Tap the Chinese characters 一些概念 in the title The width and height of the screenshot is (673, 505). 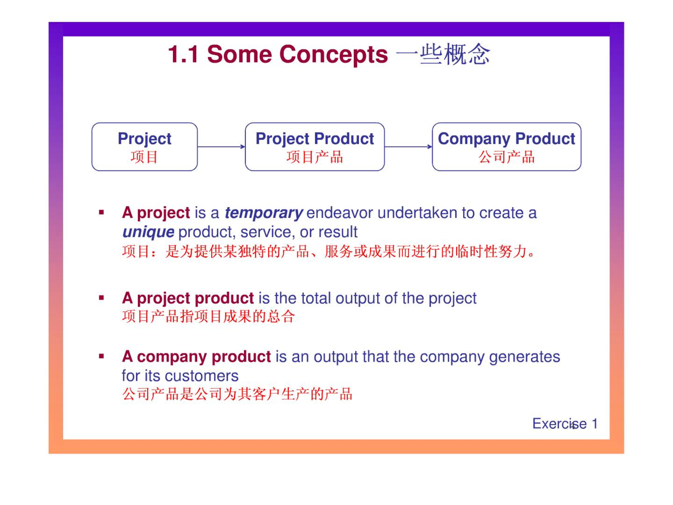coord(443,54)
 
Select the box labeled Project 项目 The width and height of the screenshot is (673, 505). coord(144,147)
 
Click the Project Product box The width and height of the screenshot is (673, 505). coord(315,147)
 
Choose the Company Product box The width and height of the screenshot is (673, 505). coord(507,147)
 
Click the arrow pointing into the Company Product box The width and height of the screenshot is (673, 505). coord(409,147)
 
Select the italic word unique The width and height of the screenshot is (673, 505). coord(148,232)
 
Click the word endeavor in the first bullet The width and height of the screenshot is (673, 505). coord(339,213)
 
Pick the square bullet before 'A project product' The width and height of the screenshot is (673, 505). coord(102,298)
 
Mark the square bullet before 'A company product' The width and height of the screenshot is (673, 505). coord(102,357)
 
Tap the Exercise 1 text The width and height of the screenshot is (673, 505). coord(565,424)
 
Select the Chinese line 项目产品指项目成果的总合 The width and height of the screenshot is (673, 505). coord(209,316)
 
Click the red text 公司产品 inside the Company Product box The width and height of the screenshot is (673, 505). coord(507,157)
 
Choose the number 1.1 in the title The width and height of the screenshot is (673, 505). coord(183,55)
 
